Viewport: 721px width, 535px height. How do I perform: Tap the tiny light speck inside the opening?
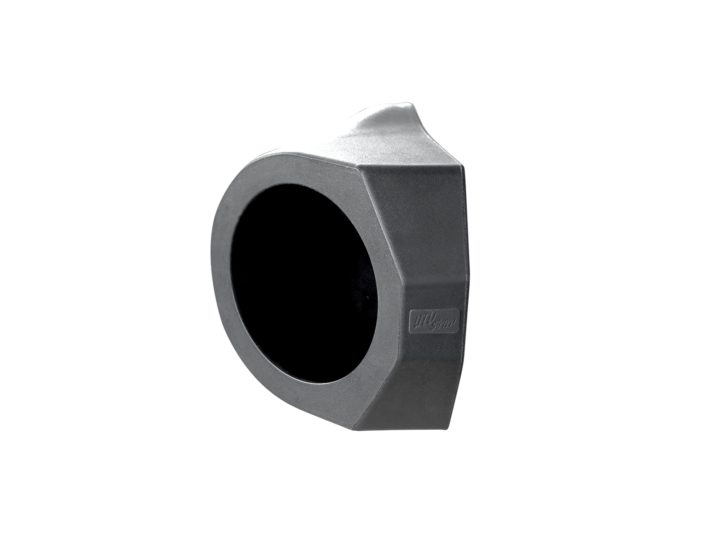[x=368, y=298]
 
